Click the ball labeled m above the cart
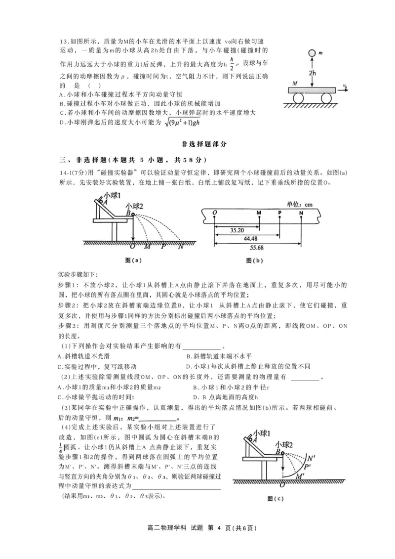coord(311,53)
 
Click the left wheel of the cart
coord(299,97)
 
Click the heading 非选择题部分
coord(197,144)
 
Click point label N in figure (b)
coord(302,213)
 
